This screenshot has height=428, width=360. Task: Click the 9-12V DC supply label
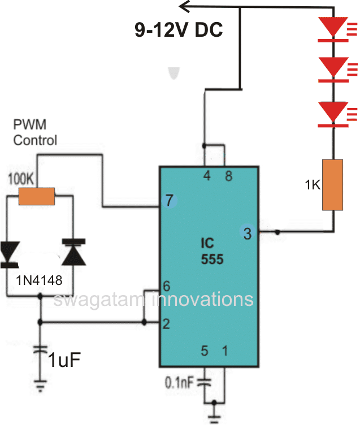[179, 29]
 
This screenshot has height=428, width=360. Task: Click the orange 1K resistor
[332, 185]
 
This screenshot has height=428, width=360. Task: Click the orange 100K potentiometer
[36, 196]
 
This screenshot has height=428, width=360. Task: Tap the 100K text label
[21, 180]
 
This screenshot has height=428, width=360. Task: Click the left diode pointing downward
[10, 253]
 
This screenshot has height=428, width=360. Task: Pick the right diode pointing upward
[73, 252]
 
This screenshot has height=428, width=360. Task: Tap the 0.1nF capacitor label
[179, 382]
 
